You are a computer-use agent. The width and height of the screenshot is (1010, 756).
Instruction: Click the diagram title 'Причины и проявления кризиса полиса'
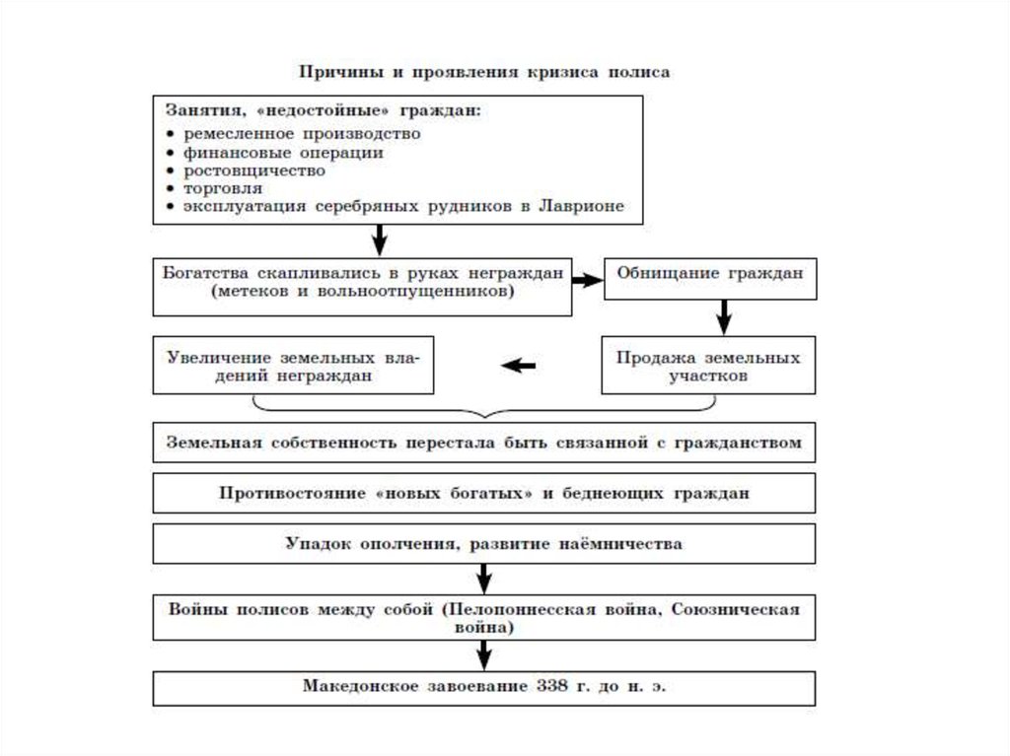(x=484, y=73)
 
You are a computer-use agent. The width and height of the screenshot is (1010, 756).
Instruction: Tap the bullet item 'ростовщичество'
(x=253, y=171)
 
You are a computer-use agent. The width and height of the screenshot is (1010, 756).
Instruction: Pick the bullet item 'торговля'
(x=222, y=188)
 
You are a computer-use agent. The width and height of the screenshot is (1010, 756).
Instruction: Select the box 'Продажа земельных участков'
(x=709, y=367)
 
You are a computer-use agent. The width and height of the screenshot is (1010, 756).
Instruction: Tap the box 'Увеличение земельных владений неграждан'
(x=292, y=367)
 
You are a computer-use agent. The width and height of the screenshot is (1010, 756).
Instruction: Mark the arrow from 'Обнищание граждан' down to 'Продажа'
(x=723, y=316)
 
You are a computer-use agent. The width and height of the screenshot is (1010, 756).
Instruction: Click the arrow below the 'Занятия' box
(x=379, y=240)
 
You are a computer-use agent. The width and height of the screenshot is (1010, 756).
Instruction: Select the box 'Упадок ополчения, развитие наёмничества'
(x=483, y=543)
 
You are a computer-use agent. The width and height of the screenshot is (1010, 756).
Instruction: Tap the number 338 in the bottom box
(x=554, y=685)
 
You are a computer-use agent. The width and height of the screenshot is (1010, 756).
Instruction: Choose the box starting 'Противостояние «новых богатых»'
(x=483, y=493)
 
